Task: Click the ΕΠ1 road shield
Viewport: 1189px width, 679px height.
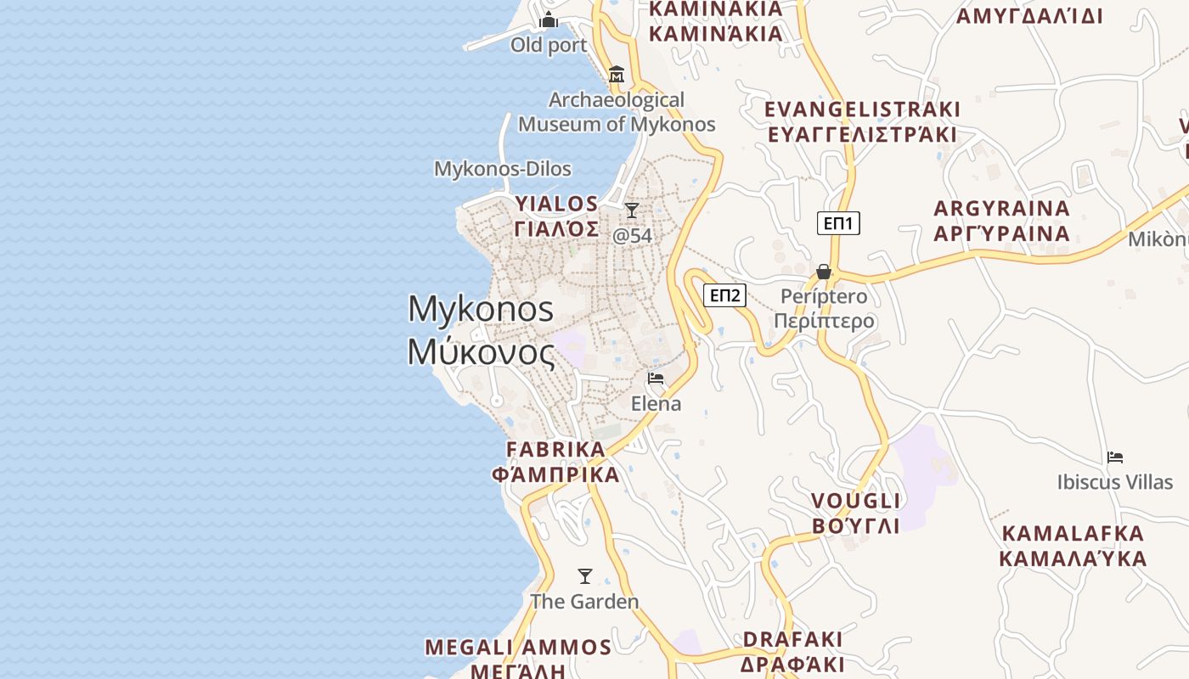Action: (x=838, y=223)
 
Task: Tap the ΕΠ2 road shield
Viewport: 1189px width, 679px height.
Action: (x=725, y=295)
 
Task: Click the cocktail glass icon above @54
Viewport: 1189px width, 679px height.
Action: (x=631, y=210)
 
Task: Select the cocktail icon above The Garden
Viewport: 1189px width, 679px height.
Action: (x=584, y=576)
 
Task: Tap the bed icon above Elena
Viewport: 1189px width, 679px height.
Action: (x=656, y=378)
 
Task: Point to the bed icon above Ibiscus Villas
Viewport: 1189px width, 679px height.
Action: (x=1115, y=457)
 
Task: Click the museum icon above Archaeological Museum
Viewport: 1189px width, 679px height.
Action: (x=617, y=75)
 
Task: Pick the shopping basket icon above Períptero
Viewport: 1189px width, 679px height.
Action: (x=823, y=272)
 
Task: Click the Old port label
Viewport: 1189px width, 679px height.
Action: (x=549, y=45)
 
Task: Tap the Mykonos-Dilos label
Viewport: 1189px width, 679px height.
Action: (x=503, y=169)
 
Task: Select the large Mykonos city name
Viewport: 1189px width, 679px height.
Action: (x=481, y=329)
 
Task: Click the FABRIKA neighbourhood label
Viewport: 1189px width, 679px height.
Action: (x=556, y=461)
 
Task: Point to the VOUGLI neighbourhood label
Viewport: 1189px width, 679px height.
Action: (x=855, y=513)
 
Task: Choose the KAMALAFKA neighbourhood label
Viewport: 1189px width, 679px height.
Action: (x=1073, y=546)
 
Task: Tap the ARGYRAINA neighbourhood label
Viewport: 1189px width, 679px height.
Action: (x=1001, y=221)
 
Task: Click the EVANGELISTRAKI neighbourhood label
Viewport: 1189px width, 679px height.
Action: (x=862, y=121)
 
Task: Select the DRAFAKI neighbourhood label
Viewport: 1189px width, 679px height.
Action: (x=792, y=651)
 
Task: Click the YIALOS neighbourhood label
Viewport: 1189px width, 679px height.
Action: (x=556, y=216)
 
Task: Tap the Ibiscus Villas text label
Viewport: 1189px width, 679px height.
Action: (x=1114, y=482)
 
